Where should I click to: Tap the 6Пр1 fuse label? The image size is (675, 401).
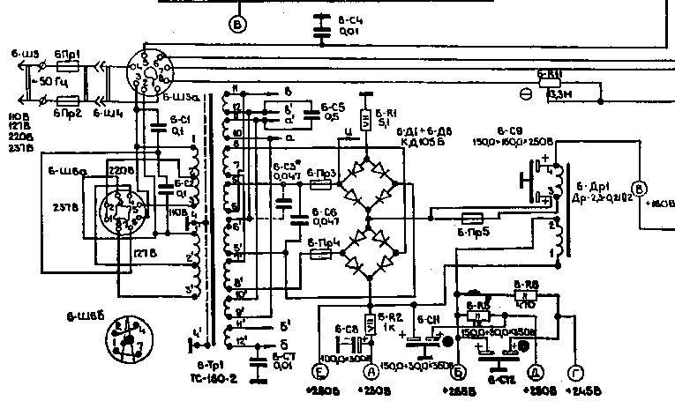coord(67,54)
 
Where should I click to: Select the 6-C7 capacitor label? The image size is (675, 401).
coord(283,356)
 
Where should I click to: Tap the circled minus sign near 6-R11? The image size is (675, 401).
coord(526,92)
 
